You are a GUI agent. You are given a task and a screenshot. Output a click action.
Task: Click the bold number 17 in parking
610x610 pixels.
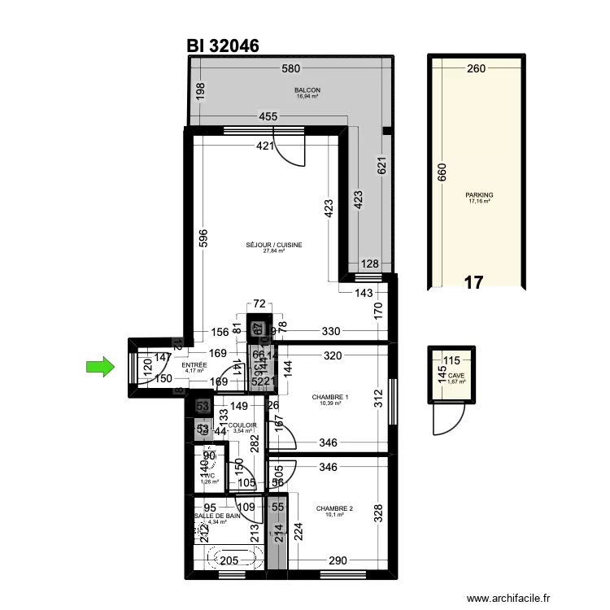(473, 283)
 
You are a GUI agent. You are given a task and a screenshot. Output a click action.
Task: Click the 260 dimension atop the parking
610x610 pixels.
(477, 69)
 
